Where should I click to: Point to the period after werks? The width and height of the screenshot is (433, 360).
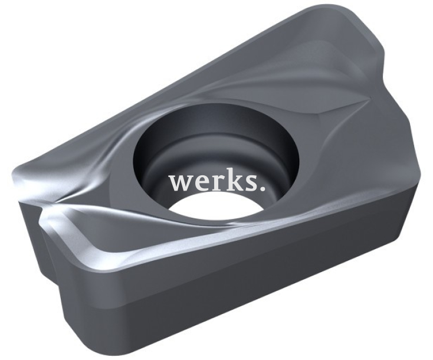pos(262,188)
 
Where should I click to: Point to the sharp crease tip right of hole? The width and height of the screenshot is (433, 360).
pos(369,97)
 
